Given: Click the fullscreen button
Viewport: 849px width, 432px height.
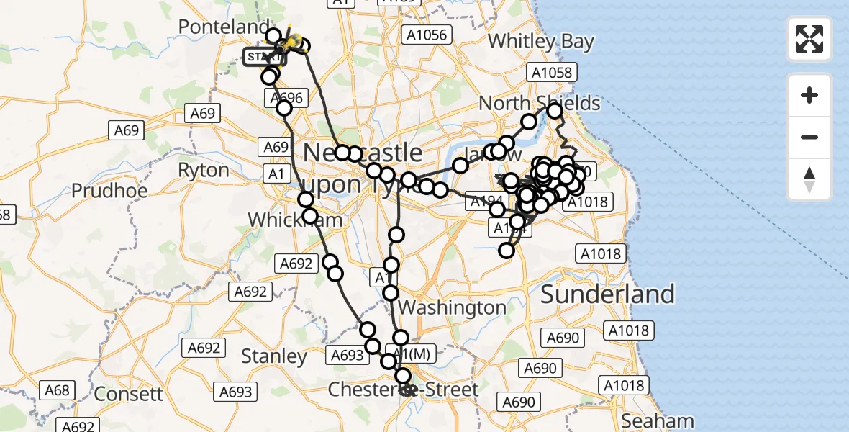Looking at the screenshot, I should tap(809, 39).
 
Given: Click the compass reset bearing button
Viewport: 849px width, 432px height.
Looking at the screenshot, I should tap(809, 179).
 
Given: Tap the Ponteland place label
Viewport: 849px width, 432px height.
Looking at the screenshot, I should tap(224, 27).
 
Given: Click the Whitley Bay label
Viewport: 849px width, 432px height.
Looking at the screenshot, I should tap(541, 42).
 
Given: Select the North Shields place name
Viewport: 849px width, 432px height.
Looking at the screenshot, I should tap(539, 103).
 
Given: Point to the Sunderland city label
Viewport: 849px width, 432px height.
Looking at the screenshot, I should tap(607, 294).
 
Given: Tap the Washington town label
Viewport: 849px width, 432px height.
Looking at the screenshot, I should tap(453, 307).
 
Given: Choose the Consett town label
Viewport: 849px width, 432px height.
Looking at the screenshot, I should tap(129, 394).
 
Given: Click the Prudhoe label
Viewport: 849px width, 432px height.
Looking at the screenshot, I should tap(109, 191).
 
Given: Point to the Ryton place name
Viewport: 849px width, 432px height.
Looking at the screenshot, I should tap(204, 171).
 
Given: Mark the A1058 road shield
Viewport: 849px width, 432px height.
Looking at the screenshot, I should tap(552, 72).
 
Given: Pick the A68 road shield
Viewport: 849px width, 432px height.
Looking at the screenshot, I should tap(57, 390).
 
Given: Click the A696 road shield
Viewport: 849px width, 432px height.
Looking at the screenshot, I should tap(288, 98).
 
